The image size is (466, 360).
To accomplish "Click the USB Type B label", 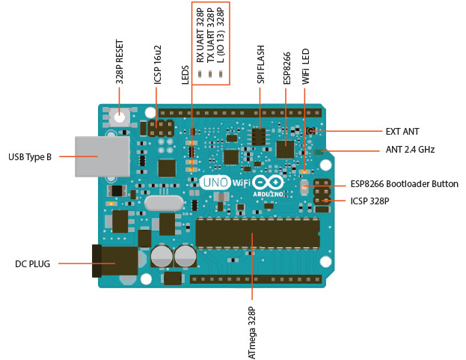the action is pyautogui.click(x=30, y=157).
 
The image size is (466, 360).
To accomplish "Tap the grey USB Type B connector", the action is pyautogui.click(x=102, y=156).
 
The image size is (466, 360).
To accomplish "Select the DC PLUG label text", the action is pyautogui.click(x=32, y=264).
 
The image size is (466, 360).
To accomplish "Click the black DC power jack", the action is pyautogui.click(x=115, y=261).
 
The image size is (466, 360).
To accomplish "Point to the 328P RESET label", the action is pyautogui.click(x=120, y=62).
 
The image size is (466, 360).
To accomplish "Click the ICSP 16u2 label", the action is pyautogui.click(x=158, y=64).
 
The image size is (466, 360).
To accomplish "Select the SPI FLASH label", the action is pyautogui.click(x=260, y=64).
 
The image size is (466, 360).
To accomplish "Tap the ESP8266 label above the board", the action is pyautogui.click(x=286, y=68).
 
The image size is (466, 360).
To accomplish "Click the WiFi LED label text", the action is pyautogui.click(x=305, y=67).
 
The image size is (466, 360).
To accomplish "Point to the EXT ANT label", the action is pyautogui.click(x=402, y=132).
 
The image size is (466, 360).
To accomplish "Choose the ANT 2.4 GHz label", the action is pyautogui.click(x=410, y=149).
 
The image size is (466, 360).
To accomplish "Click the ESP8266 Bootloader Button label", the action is pyautogui.click(x=405, y=184).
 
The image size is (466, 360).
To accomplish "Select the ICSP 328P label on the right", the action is pyautogui.click(x=370, y=201).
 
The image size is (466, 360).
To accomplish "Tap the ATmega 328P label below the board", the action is pyautogui.click(x=252, y=333).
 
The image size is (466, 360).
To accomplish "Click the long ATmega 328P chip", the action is pyautogui.click(x=258, y=233).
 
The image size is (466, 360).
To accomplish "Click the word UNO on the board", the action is pyautogui.click(x=215, y=182).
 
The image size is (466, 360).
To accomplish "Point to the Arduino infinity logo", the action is pyautogui.click(x=268, y=182).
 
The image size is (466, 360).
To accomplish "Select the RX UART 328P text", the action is pyautogui.click(x=200, y=35).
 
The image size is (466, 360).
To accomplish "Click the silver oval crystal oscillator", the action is pyautogui.click(x=164, y=204).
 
